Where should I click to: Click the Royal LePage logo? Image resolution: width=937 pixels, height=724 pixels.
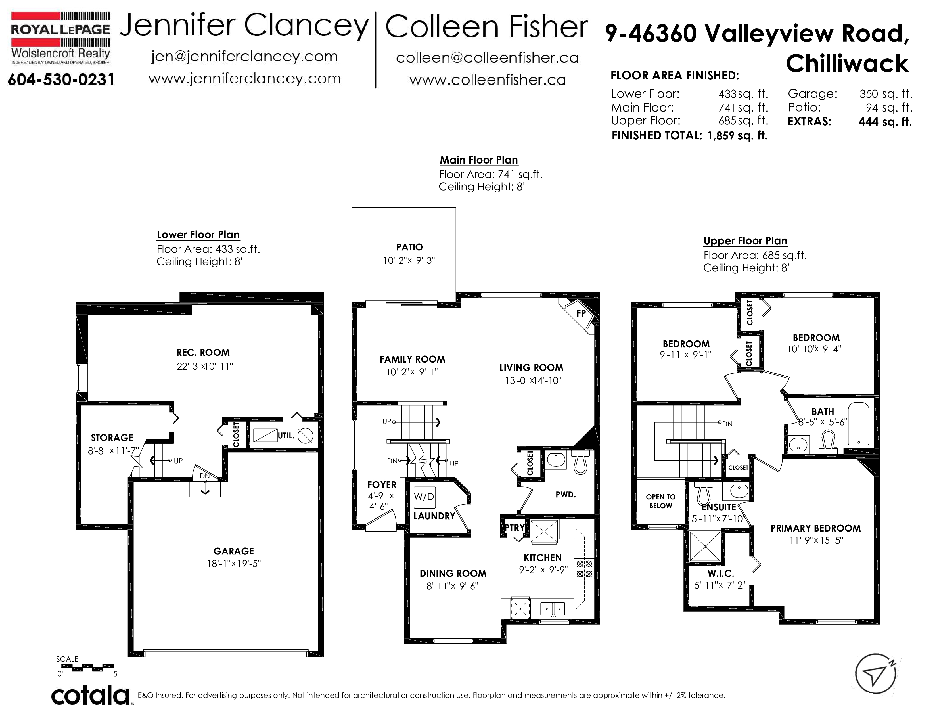[60, 38]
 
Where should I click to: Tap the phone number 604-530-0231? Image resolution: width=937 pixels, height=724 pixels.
[61, 80]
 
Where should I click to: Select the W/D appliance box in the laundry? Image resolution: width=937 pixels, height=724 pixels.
[424, 497]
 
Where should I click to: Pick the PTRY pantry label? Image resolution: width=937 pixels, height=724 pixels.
[514, 528]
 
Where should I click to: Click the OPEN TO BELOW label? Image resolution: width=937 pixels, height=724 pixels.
[661, 501]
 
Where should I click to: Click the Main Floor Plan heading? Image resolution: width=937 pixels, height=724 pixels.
[479, 160]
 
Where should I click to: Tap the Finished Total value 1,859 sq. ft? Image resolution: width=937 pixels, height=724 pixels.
[737, 135]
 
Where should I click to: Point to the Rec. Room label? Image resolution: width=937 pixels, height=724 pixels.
[203, 353]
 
